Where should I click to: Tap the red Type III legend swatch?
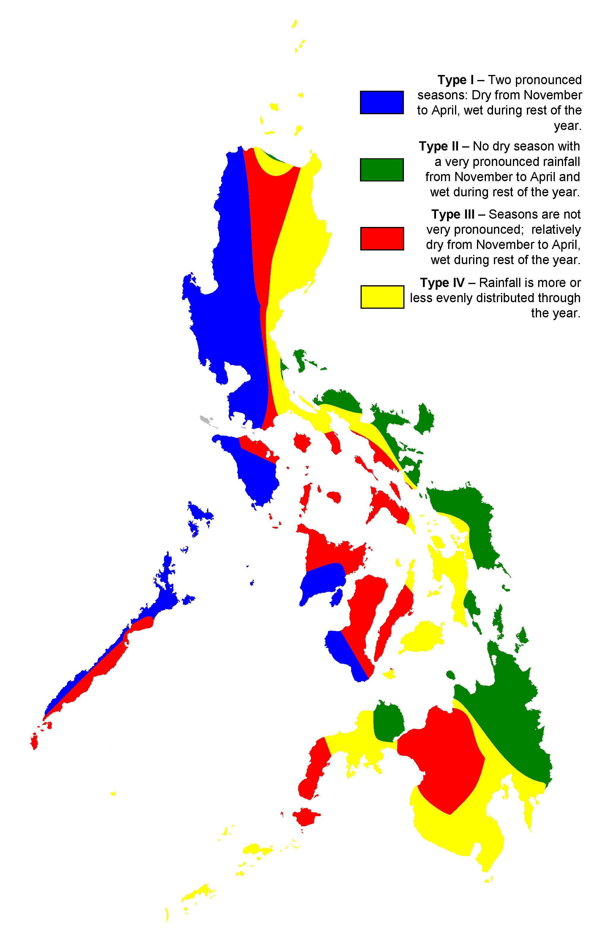[382, 239]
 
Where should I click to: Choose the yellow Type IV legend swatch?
[382, 297]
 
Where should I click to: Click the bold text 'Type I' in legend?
[455, 80]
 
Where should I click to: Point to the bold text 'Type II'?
[439, 146]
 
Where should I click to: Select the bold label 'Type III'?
[452, 214]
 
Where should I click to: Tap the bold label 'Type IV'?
[442, 283]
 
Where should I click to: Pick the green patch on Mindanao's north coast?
[388, 720]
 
